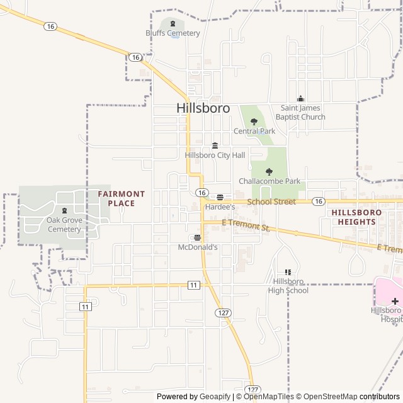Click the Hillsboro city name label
(203, 108)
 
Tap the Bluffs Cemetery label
(173, 33)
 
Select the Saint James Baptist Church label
(303, 112)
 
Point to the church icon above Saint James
(300, 98)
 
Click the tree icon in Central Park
(254, 122)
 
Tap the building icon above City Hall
(215, 145)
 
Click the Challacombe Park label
(270, 181)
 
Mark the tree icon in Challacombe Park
(270, 171)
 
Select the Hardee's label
(220, 207)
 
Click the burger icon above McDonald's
(198, 238)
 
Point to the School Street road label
(271, 201)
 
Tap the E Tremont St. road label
(246, 224)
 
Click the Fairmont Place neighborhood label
(122, 198)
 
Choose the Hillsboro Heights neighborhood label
(356, 217)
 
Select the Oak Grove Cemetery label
(64, 225)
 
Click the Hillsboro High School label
(288, 286)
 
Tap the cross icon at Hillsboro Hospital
(395, 301)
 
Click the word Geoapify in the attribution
(215, 397)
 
